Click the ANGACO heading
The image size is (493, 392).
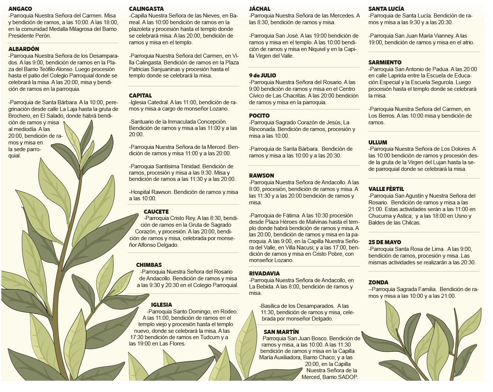pyautogui.click(x=20, y=9)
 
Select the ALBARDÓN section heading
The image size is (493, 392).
pyautogui.click(x=23, y=49)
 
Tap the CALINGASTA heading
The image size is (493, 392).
pyautogui.click(x=146, y=9)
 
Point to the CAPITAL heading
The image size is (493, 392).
pyautogui.click(x=141, y=96)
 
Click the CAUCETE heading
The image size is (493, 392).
pyautogui.click(x=156, y=212)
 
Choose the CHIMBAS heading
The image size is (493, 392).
pyautogui.click(x=149, y=265)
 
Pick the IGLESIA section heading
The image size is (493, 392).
pyautogui.click(x=161, y=305)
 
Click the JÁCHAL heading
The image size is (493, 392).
pyautogui.click(x=260, y=9)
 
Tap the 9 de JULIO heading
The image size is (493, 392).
pyautogui.click(x=262, y=76)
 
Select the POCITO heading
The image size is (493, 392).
pyautogui.click(x=259, y=116)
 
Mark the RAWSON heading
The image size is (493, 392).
pyautogui.click(x=261, y=176)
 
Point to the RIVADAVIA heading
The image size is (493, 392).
pyautogui.click(x=264, y=274)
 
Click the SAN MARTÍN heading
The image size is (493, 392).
pyautogui.click(x=281, y=332)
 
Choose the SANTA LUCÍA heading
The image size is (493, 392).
pyautogui.click(x=386, y=9)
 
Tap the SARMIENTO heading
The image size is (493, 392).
pyautogui.click(x=385, y=63)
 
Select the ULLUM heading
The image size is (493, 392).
pyautogui.click(x=378, y=143)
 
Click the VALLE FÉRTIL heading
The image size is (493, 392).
pyautogui.click(x=386, y=189)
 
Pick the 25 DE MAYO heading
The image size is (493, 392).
pyautogui.click(x=385, y=242)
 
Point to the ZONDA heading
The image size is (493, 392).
pyautogui.click(x=378, y=283)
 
